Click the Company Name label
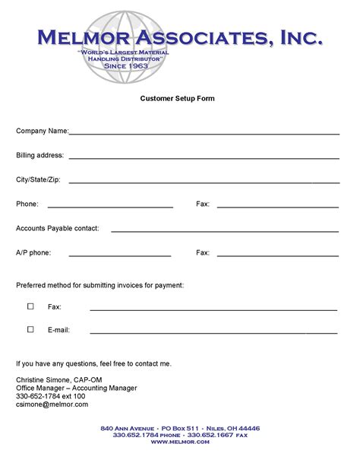[42, 132]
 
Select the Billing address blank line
[204, 158]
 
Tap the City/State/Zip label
[38, 180]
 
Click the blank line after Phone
[110, 207]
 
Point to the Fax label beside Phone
[203, 204]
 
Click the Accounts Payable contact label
[57, 228]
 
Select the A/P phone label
[33, 252]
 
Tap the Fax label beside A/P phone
[203, 252]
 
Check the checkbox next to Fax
[31, 306]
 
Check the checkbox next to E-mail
[31, 330]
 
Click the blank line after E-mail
[213, 333]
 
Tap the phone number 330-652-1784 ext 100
[51, 396]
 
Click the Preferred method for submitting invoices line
[99, 285]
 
